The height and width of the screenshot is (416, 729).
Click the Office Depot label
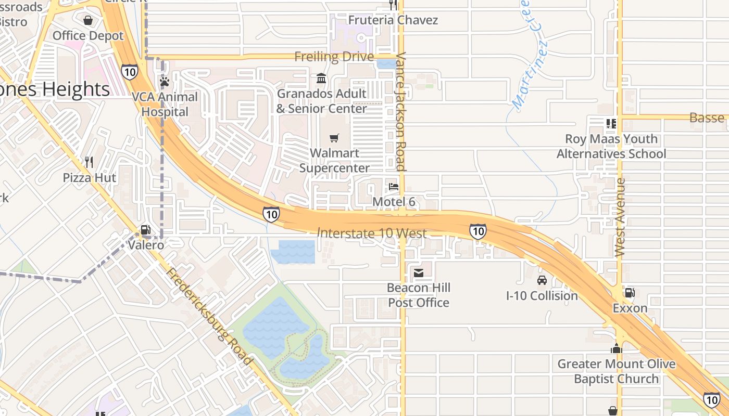pos(88,36)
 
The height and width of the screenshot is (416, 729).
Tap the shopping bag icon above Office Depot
pos(88,20)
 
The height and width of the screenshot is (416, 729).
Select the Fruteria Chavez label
pos(393,20)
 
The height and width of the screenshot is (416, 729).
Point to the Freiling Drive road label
pos(334,56)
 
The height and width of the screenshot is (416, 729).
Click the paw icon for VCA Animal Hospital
pos(165,82)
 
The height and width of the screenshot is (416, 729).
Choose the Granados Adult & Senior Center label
pos(321,101)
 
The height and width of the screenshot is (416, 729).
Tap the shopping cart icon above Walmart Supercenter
pos(334,138)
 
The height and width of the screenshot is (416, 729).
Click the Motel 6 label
pos(394,202)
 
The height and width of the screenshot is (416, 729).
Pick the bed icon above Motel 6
pos(394,186)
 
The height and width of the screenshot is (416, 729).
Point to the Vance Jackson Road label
pos(400,111)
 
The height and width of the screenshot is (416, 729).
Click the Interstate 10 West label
pos(372,233)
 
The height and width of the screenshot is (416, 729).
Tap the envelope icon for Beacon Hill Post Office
pos(419,272)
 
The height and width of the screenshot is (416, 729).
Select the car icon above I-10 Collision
pos(542,280)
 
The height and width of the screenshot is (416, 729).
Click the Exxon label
pos(630,308)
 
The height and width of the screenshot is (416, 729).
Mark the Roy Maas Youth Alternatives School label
pos(611,147)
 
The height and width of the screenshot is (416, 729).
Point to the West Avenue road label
pos(620,217)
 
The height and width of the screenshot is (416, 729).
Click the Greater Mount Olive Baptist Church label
pos(617,371)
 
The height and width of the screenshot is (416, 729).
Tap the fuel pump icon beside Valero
pos(146,230)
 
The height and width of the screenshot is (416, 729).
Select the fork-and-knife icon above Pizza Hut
pos(89,162)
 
